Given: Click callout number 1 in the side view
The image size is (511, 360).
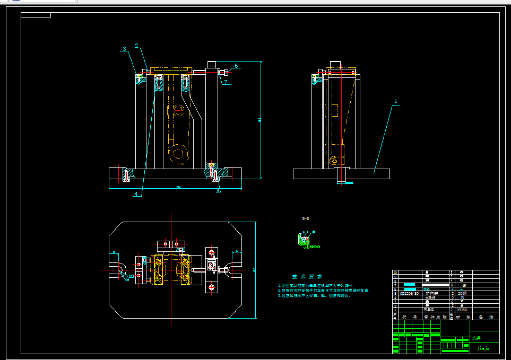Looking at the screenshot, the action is tap(395, 100).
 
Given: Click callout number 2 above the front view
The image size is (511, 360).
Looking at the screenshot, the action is tap(136, 46).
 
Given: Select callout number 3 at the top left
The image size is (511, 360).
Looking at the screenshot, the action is tap(124, 49).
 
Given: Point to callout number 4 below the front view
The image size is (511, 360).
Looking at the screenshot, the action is tap(136, 194).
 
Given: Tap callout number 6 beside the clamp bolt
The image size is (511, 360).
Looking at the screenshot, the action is tap(236, 66).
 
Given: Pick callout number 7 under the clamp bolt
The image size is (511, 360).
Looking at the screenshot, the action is tap(225, 82).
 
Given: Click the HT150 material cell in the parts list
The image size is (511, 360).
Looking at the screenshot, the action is tap(462, 310).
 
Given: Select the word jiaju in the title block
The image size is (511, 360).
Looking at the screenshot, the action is tap(482, 348).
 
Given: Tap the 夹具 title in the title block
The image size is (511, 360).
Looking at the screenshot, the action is tap(477, 337).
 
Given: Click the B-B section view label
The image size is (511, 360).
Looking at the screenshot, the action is tap(306, 218).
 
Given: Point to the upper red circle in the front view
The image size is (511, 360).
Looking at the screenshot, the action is tap(177, 111).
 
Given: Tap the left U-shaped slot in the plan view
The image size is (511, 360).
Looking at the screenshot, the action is tap(117, 269).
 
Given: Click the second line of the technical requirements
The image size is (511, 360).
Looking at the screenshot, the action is tap(323, 291).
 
